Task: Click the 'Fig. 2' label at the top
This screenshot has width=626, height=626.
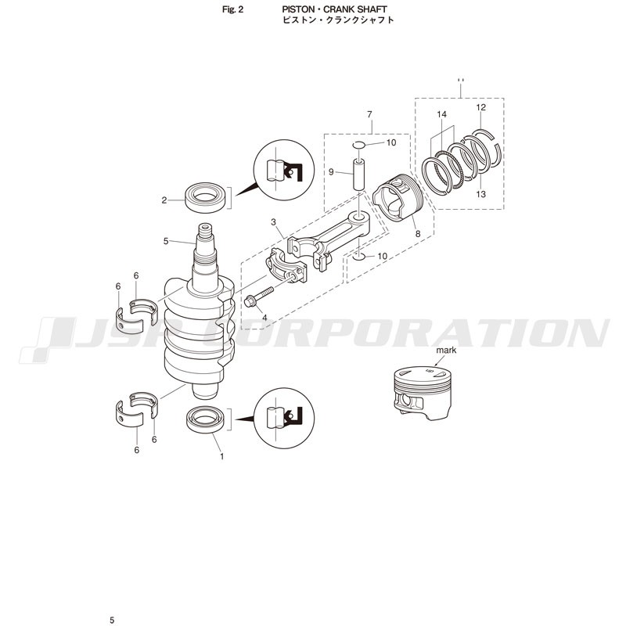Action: point(232,9)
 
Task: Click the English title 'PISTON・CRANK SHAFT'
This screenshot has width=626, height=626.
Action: point(334,9)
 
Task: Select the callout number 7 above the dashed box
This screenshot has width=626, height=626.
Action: point(369,114)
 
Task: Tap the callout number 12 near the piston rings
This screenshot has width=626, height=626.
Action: point(480,107)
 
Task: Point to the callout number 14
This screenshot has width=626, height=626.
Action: point(441,114)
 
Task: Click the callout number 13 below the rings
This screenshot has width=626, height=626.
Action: point(480,194)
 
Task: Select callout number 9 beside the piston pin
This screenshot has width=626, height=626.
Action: point(331,172)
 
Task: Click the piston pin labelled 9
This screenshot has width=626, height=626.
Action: point(359,174)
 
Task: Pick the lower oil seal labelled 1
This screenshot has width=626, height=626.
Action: point(207,419)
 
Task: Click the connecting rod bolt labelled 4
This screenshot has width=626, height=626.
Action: point(259,296)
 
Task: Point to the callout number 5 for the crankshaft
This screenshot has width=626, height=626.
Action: point(166,241)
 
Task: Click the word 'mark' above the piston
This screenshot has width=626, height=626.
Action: point(446,351)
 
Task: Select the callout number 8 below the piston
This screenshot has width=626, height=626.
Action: point(418,233)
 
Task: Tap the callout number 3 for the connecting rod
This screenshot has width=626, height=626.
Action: point(273,222)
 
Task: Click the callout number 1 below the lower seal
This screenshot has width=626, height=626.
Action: point(222,456)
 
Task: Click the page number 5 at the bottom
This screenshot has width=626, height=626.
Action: point(112,620)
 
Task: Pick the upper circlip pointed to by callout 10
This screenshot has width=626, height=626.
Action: point(359,145)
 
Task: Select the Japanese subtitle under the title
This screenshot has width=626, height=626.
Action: point(338,20)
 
